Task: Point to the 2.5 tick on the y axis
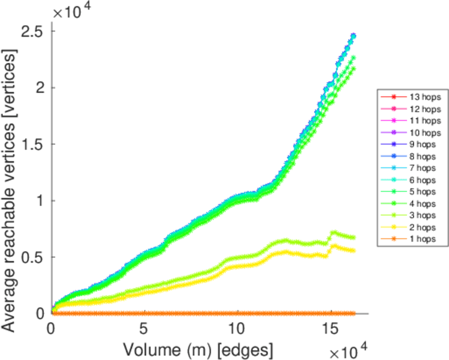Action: tap(34, 31)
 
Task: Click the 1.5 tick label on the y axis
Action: tap(34, 144)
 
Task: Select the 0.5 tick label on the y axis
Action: tap(34, 257)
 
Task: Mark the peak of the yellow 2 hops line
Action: tap(333, 245)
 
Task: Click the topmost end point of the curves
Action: tap(353, 36)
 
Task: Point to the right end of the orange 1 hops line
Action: tap(354, 314)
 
